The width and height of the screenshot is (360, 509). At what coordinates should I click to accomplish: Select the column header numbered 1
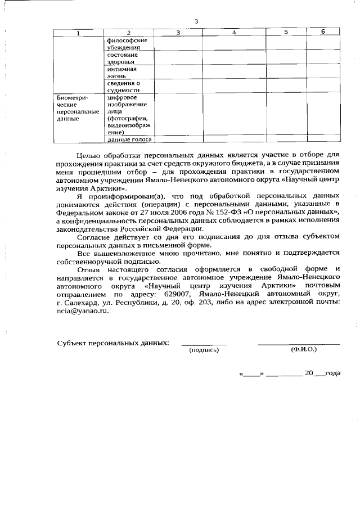(x=78, y=33)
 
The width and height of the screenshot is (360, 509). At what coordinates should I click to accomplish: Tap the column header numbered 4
(x=234, y=33)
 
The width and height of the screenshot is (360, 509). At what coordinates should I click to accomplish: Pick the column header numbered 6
(x=323, y=32)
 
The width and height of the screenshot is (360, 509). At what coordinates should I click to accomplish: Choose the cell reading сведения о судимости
(x=123, y=86)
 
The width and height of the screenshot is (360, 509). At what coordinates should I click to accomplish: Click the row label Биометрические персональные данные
(x=77, y=108)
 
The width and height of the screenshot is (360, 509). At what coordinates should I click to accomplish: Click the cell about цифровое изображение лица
(x=127, y=115)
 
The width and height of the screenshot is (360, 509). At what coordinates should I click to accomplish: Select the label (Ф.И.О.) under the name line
(x=304, y=349)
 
